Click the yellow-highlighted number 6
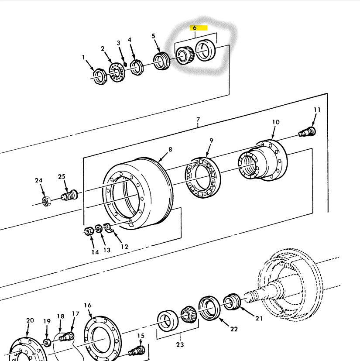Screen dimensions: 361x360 195,28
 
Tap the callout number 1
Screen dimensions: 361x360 84,57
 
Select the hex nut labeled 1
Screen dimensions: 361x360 100,77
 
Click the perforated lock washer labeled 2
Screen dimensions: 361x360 117,71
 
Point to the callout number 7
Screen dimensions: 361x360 198,119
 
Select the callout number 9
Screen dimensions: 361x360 211,141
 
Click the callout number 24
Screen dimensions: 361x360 39,180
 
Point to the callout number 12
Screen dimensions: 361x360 124,247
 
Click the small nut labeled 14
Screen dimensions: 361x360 89,231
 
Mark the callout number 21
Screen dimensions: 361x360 259,318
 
